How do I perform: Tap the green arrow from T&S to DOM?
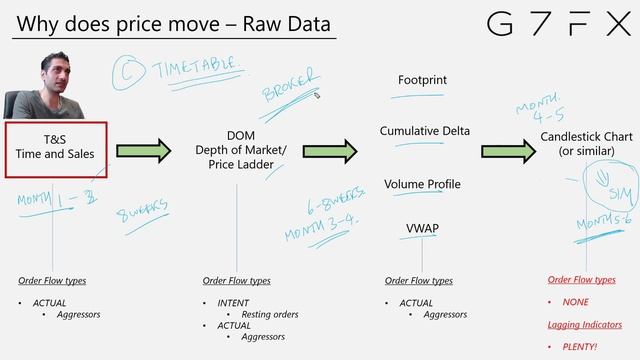tap(144, 151)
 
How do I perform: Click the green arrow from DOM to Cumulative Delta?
tap(330, 151)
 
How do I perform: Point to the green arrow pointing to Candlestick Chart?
tap(507, 151)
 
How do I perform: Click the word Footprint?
tap(422, 79)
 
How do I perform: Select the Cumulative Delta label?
tap(424, 131)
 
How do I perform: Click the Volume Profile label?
tap(422, 184)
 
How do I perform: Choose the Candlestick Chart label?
tap(577, 143)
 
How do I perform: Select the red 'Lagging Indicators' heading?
tap(585, 324)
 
